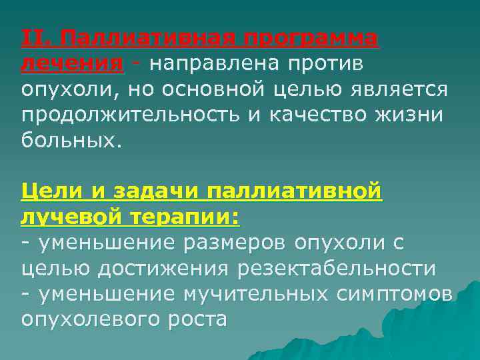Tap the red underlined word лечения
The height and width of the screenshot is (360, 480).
pos(72,64)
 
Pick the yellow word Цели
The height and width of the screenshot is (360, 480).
pos(54,192)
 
